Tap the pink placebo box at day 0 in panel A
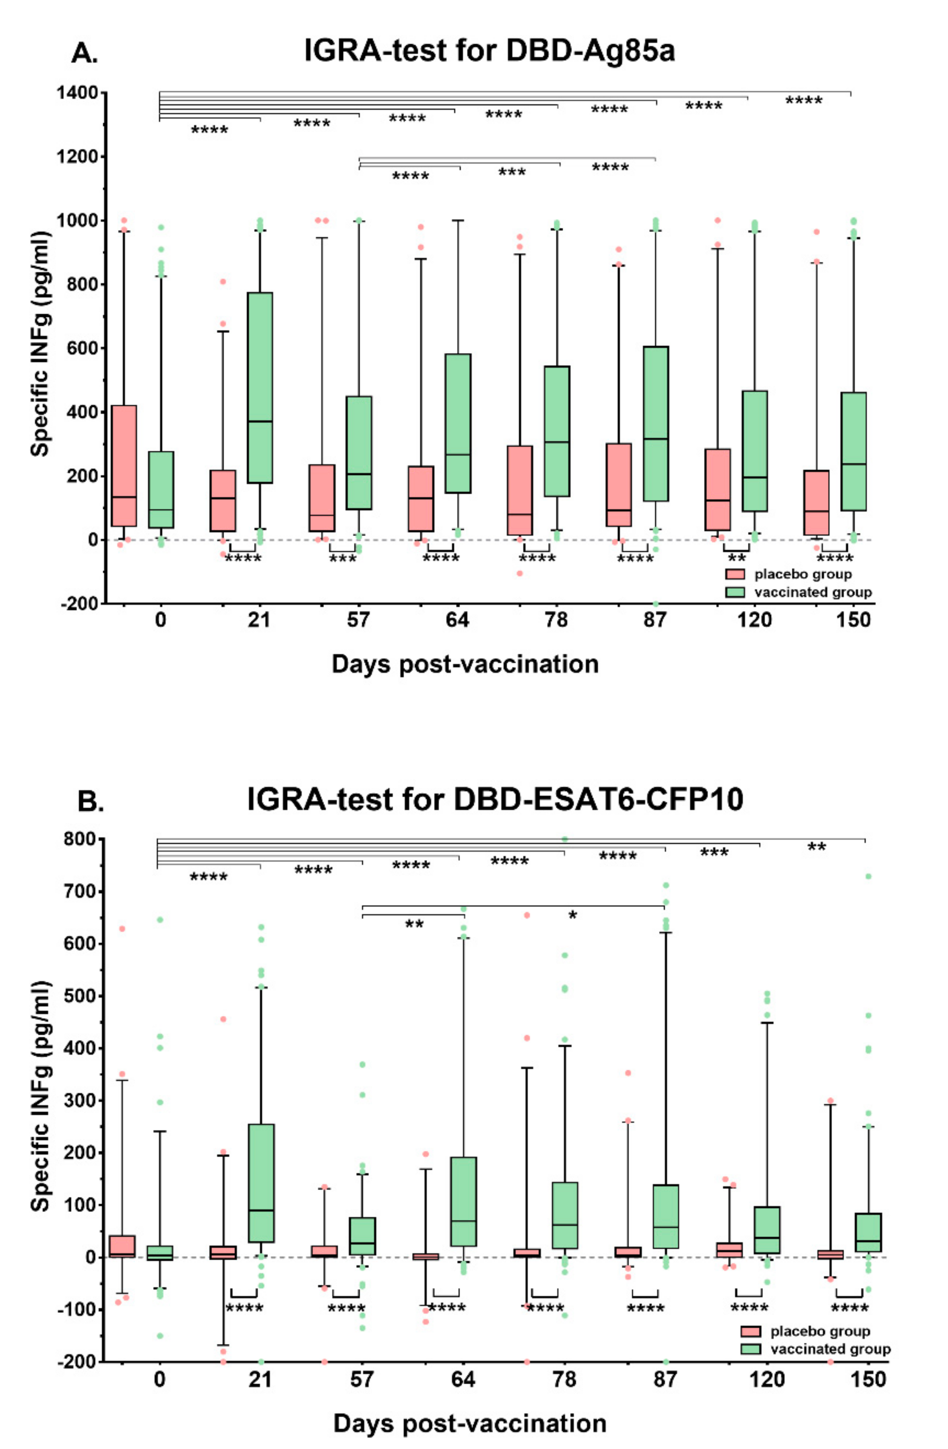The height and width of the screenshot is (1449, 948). point(124,465)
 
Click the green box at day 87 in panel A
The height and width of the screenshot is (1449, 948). point(656,423)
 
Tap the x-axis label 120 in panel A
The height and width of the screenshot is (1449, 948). point(754,620)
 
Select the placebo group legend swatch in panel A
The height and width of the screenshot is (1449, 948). point(735,574)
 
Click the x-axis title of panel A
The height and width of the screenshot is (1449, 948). point(465,664)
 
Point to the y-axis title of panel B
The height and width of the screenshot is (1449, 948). point(40,1096)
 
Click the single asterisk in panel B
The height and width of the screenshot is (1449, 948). point(572,915)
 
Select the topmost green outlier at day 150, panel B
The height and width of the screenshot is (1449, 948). point(869,877)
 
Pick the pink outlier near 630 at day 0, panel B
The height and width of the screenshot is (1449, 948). point(122,929)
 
